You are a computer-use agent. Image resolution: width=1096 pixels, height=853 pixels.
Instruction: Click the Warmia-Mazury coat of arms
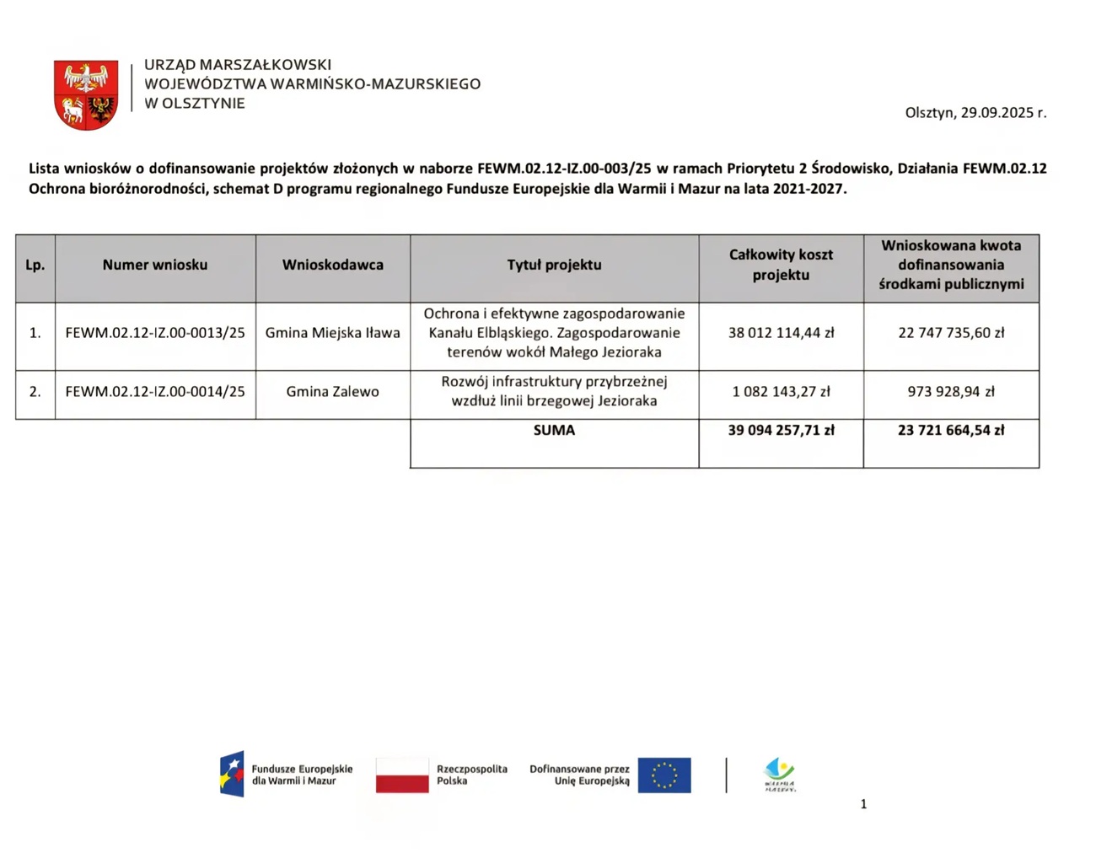(x=86, y=94)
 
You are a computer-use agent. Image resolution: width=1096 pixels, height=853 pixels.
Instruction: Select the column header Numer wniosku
(x=155, y=265)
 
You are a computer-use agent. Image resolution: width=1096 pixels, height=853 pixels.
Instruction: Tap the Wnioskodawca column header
(x=333, y=265)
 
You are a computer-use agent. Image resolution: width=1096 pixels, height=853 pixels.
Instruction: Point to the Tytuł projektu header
(x=554, y=265)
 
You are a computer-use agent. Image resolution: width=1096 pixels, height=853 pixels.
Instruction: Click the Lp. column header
(x=35, y=265)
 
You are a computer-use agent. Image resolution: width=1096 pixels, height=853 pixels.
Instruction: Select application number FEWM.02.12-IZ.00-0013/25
(x=155, y=333)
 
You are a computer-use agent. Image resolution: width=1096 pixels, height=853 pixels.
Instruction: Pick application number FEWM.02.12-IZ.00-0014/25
(x=155, y=392)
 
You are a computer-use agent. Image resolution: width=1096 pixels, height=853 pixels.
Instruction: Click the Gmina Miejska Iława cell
(x=333, y=333)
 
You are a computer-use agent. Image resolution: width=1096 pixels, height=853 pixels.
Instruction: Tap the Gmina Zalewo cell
(x=333, y=392)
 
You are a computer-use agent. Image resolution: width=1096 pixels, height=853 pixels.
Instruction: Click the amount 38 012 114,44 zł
(x=781, y=333)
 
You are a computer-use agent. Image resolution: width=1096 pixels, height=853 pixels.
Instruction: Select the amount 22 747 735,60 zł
(x=951, y=333)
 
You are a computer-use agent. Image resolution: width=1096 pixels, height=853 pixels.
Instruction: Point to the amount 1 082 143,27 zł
(x=781, y=392)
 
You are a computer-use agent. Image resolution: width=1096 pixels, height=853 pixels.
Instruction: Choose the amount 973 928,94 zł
(x=951, y=392)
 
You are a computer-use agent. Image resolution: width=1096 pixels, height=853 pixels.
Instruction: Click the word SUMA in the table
(x=554, y=431)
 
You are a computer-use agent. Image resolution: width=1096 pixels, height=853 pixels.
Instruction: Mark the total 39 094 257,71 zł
(x=781, y=431)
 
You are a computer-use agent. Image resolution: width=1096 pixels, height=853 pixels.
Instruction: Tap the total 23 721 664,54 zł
(x=951, y=431)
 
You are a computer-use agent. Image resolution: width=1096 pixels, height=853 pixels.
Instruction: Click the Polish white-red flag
(x=402, y=775)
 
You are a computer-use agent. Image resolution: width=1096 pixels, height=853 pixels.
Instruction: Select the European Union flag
(x=664, y=775)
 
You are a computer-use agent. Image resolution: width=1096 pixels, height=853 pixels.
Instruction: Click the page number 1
(x=863, y=804)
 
